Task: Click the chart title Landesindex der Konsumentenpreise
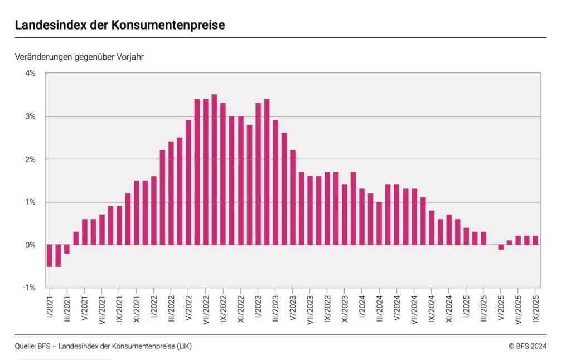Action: click(x=120, y=25)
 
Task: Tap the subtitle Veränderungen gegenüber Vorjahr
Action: click(x=80, y=57)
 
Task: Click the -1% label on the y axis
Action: click(x=29, y=288)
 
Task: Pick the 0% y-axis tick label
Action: click(x=30, y=245)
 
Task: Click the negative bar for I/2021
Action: click(x=50, y=256)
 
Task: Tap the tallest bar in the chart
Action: click(x=214, y=169)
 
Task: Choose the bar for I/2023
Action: click(x=258, y=174)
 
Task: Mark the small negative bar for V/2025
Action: click(x=501, y=247)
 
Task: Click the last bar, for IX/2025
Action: click(x=535, y=240)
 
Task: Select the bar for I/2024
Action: click(x=362, y=217)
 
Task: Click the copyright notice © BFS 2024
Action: click(x=528, y=346)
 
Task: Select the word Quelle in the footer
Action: click(x=25, y=346)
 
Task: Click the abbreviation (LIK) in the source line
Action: click(x=183, y=346)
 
